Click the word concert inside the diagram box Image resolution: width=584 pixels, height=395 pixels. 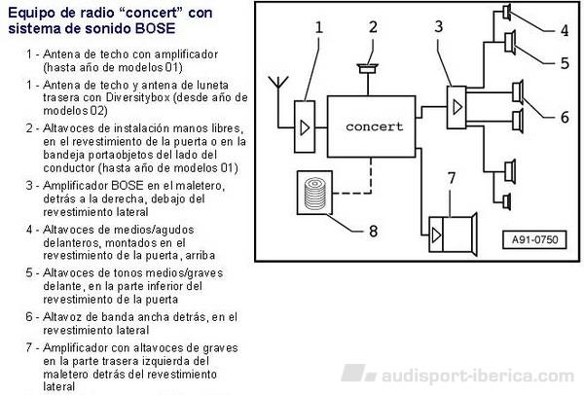click(375, 126)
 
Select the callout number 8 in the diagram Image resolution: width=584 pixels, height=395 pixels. click(373, 231)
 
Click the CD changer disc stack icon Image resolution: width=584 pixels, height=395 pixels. click(314, 193)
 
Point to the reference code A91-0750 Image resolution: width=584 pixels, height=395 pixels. click(534, 239)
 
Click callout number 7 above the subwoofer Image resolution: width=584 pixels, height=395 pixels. click(452, 179)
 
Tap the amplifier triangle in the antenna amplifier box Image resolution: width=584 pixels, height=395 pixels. click(305, 127)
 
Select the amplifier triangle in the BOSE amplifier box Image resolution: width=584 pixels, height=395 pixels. click(457, 108)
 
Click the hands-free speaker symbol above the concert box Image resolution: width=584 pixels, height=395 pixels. click(368, 69)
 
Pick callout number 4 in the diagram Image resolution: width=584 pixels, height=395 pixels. click(565, 30)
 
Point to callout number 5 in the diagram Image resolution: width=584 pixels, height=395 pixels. click(565, 63)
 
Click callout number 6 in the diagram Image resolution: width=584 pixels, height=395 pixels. click(565, 118)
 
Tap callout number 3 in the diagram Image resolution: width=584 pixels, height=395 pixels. click(439, 26)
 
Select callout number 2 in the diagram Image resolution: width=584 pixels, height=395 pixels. click(373, 26)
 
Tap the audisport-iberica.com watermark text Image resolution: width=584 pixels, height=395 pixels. click(478, 376)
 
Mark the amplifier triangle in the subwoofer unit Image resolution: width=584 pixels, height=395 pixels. click(436, 235)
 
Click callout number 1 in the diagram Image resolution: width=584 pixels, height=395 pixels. click(319, 27)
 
